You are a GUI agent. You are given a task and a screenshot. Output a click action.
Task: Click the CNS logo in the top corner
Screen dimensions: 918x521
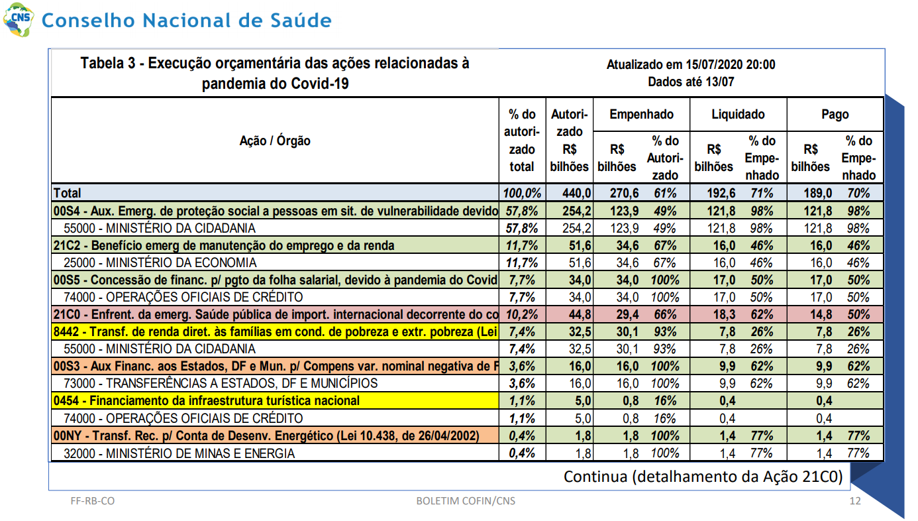point(19,19)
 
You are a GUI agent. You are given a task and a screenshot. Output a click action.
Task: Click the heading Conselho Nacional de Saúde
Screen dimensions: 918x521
point(187,20)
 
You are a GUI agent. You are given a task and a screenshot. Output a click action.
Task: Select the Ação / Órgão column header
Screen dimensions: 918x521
point(275,141)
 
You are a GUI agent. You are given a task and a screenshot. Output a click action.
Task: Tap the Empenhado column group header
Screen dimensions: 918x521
point(641,114)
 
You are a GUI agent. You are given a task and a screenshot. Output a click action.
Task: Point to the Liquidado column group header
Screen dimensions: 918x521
point(738,114)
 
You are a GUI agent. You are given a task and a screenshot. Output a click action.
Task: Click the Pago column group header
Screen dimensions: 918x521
point(835,114)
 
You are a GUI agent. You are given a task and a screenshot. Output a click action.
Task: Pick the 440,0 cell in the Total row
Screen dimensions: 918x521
point(576,193)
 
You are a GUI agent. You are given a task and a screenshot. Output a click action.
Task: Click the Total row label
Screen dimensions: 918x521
point(67,193)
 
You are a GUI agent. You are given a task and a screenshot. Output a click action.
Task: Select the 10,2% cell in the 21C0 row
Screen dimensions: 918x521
point(522,314)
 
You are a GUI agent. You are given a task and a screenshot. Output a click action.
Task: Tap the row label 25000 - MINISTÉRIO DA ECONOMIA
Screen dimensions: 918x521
point(160,262)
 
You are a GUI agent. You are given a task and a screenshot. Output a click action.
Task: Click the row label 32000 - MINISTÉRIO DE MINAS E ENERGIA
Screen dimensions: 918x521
point(179,453)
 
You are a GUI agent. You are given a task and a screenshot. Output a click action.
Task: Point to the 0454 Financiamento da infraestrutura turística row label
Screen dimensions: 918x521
point(207,400)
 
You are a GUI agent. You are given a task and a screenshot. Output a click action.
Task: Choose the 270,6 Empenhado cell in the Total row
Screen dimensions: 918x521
point(624,193)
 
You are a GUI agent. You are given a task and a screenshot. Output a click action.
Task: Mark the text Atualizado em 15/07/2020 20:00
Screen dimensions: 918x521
point(691,64)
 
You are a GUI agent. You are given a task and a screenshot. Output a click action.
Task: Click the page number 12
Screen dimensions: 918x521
point(855,501)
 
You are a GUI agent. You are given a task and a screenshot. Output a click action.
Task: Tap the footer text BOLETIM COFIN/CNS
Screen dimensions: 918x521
point(466,501)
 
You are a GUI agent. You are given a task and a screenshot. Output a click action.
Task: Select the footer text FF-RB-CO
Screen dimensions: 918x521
point(93,501)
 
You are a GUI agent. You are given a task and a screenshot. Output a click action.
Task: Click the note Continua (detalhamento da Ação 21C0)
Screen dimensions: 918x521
point(703,477)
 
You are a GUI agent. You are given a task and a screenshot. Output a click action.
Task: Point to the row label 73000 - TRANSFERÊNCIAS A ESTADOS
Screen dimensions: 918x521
point(221,383)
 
